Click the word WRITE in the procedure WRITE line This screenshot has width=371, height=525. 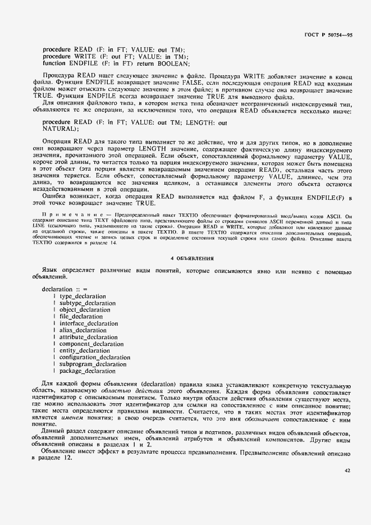[x=86, y=57]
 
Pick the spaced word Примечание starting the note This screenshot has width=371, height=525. [x=70, y=214]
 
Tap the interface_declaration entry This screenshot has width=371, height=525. [x=89, y=323]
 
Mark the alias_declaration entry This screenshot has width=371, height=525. [x=83, y=330]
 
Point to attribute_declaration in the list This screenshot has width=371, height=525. [x=88, y=337]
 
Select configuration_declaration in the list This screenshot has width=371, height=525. [x=94, y=357]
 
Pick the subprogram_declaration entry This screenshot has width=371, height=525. [x=93, y=364]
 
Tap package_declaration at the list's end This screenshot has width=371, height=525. [x=88, y=371]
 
